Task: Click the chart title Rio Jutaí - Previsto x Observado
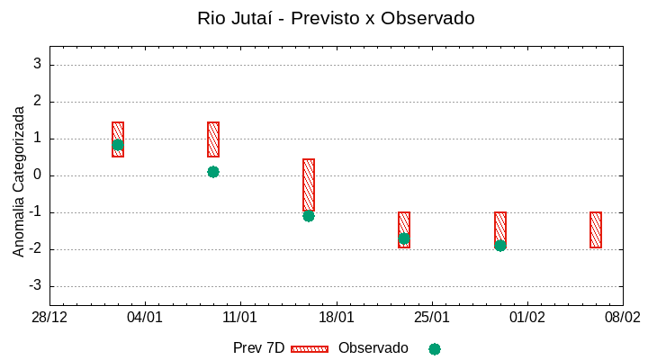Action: [336, 18]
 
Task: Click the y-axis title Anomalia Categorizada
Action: [19, 181]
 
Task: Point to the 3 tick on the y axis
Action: [38, 64]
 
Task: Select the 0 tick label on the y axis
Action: [38, 175]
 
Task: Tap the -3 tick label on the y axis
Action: [35, 285]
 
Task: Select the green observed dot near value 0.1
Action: [213, 172]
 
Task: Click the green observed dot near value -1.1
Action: [309, 216]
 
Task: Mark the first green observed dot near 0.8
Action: [118, 145]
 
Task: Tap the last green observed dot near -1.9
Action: [500, 246]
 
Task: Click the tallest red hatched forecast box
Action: [309, 184]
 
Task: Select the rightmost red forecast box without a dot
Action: [596, 229]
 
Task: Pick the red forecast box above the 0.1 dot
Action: [213, 139]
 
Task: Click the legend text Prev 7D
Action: [258, 348]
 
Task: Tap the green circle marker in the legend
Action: [435, 349]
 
